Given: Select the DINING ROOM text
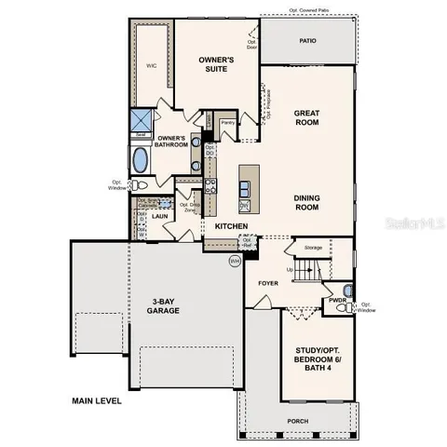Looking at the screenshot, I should point(306,202).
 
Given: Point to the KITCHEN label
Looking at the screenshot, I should point(230,226).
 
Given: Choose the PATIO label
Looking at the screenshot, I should point(306,40).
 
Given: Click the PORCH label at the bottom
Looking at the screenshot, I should point(298,420).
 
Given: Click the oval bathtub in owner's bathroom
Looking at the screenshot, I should point(141,160).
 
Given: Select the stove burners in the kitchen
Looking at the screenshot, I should point(210,195).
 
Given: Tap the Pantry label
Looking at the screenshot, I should point(227,122).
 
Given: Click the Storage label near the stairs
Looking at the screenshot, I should point(312,248).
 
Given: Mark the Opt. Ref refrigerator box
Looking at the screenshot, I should point(247,242).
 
